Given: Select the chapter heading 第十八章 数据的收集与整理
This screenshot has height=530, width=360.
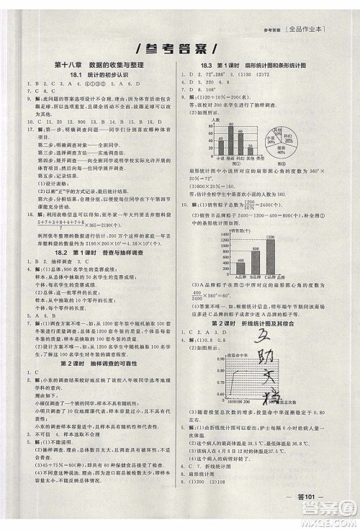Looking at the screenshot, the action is [x=96, y=66].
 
